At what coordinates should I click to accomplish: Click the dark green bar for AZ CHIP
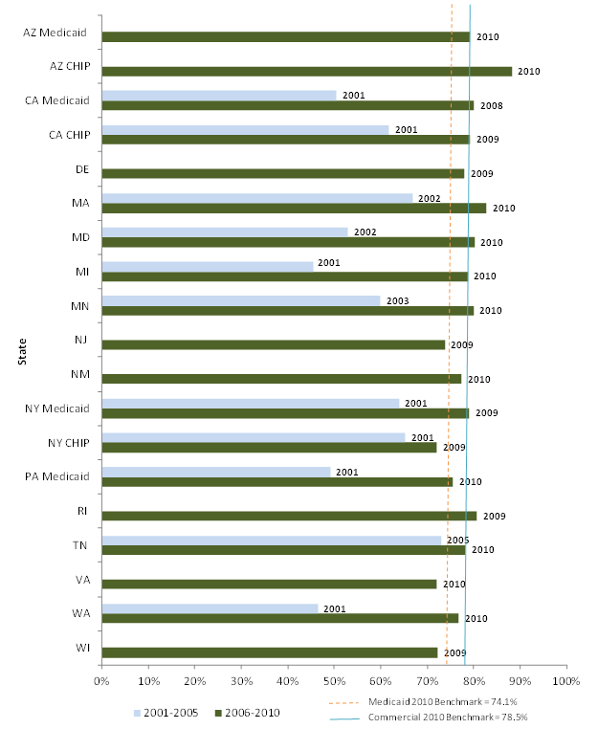(x=306, y=71)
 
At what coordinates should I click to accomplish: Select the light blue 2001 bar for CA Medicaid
(x=219, y=95)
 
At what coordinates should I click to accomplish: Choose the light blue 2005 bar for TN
(x=272, y=541)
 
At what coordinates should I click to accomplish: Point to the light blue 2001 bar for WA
(x=210, y=607)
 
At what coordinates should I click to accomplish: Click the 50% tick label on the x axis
(x=334, y=681)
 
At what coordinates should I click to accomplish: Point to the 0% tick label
(x=101, y=681)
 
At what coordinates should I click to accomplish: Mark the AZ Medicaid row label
(x=55, y=33)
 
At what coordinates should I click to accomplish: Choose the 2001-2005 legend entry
(x=168, y=714)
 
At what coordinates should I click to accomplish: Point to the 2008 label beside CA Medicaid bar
(x=492, y=106)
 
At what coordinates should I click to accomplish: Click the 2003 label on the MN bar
(x=397, y=300)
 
